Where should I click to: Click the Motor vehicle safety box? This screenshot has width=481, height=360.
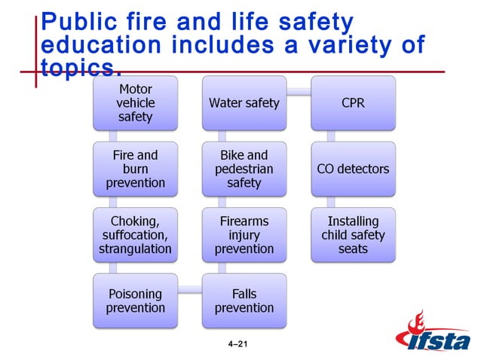(135, 103)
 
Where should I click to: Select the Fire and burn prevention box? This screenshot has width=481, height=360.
(135, 169)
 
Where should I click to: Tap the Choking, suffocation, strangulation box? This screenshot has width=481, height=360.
(135, 234)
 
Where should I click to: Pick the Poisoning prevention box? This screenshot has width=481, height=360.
(135, 300)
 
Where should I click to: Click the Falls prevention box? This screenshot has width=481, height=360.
(244, 300)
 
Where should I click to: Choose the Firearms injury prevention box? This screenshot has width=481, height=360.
(244, 234)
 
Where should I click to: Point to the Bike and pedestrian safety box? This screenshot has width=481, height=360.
(244, 169)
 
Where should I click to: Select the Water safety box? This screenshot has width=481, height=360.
(244, 103)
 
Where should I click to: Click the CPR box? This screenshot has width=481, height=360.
(353, 103)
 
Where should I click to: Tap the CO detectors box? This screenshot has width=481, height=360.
(353, 169)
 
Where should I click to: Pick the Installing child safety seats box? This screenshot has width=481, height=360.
(353, 234)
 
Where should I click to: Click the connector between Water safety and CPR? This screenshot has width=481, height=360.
(299, 93)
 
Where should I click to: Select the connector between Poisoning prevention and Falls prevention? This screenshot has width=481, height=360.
(189, 289)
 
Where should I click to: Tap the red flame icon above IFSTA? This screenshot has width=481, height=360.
(416, 324)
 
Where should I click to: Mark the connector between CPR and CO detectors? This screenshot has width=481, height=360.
(331, 136)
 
